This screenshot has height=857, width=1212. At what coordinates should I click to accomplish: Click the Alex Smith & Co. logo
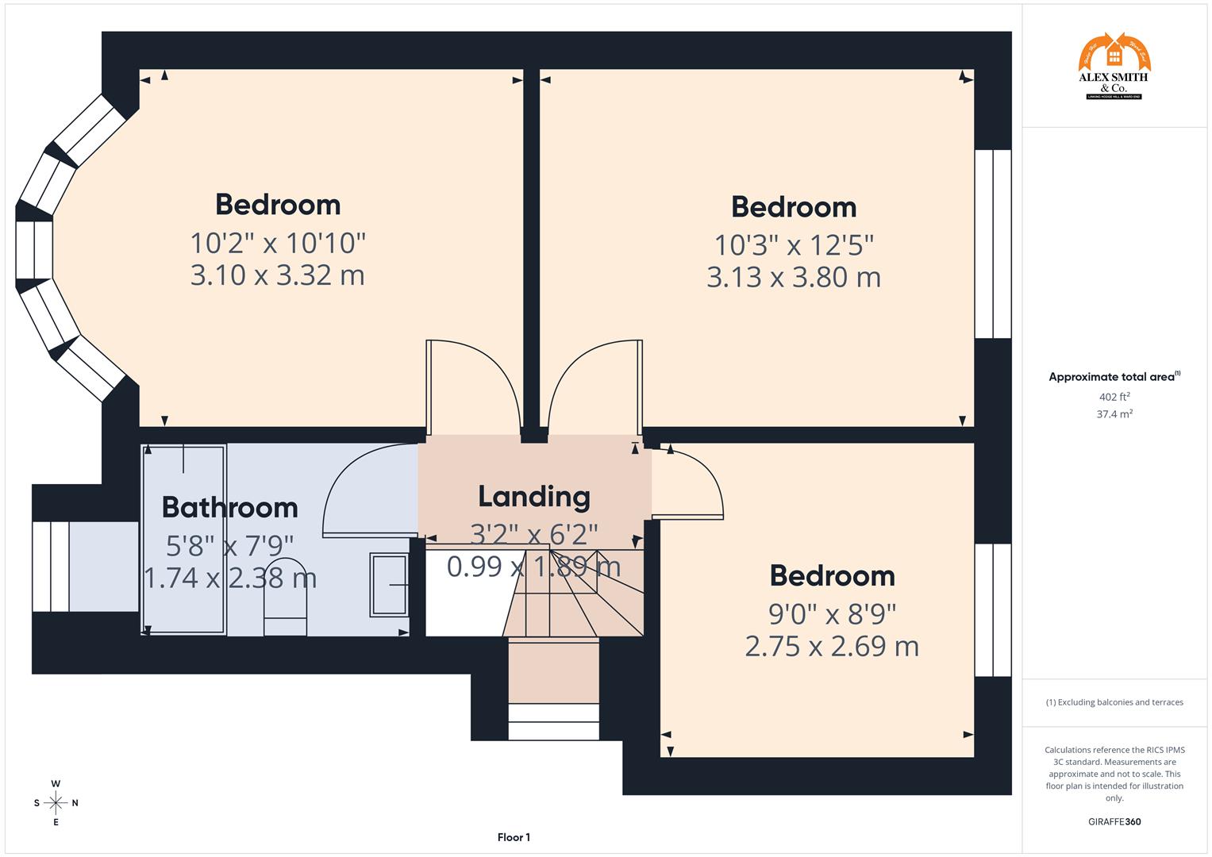point(1114,67)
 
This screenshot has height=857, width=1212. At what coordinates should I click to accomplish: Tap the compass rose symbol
point(56,803)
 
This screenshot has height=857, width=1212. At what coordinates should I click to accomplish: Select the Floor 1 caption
point(514,837)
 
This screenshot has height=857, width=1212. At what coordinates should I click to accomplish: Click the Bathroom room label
point(229,507)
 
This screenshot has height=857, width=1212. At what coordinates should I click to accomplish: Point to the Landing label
point(534,496)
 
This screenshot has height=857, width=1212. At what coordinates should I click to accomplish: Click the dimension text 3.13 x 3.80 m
point(794,277)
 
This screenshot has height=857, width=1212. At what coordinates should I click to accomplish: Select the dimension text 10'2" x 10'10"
point(278,242)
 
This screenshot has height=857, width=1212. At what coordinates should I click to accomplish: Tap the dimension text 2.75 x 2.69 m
point(832,646)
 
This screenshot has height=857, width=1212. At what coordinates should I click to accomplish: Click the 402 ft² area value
point(1114,397)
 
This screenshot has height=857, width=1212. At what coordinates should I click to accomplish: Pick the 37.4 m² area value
point(1114,413)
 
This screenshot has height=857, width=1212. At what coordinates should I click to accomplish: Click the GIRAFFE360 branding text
point(1114,821)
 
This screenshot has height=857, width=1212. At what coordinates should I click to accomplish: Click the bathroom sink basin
point(389,585)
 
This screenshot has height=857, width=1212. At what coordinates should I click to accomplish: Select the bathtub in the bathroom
point(184,540)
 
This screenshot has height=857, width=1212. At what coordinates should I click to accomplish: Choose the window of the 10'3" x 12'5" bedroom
point(993,244)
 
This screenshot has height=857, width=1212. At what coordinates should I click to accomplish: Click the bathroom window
point(52,567)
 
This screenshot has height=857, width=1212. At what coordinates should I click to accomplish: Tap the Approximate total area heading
point(1114,377)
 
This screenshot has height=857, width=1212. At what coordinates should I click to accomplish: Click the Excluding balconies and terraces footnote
point(1114,702)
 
